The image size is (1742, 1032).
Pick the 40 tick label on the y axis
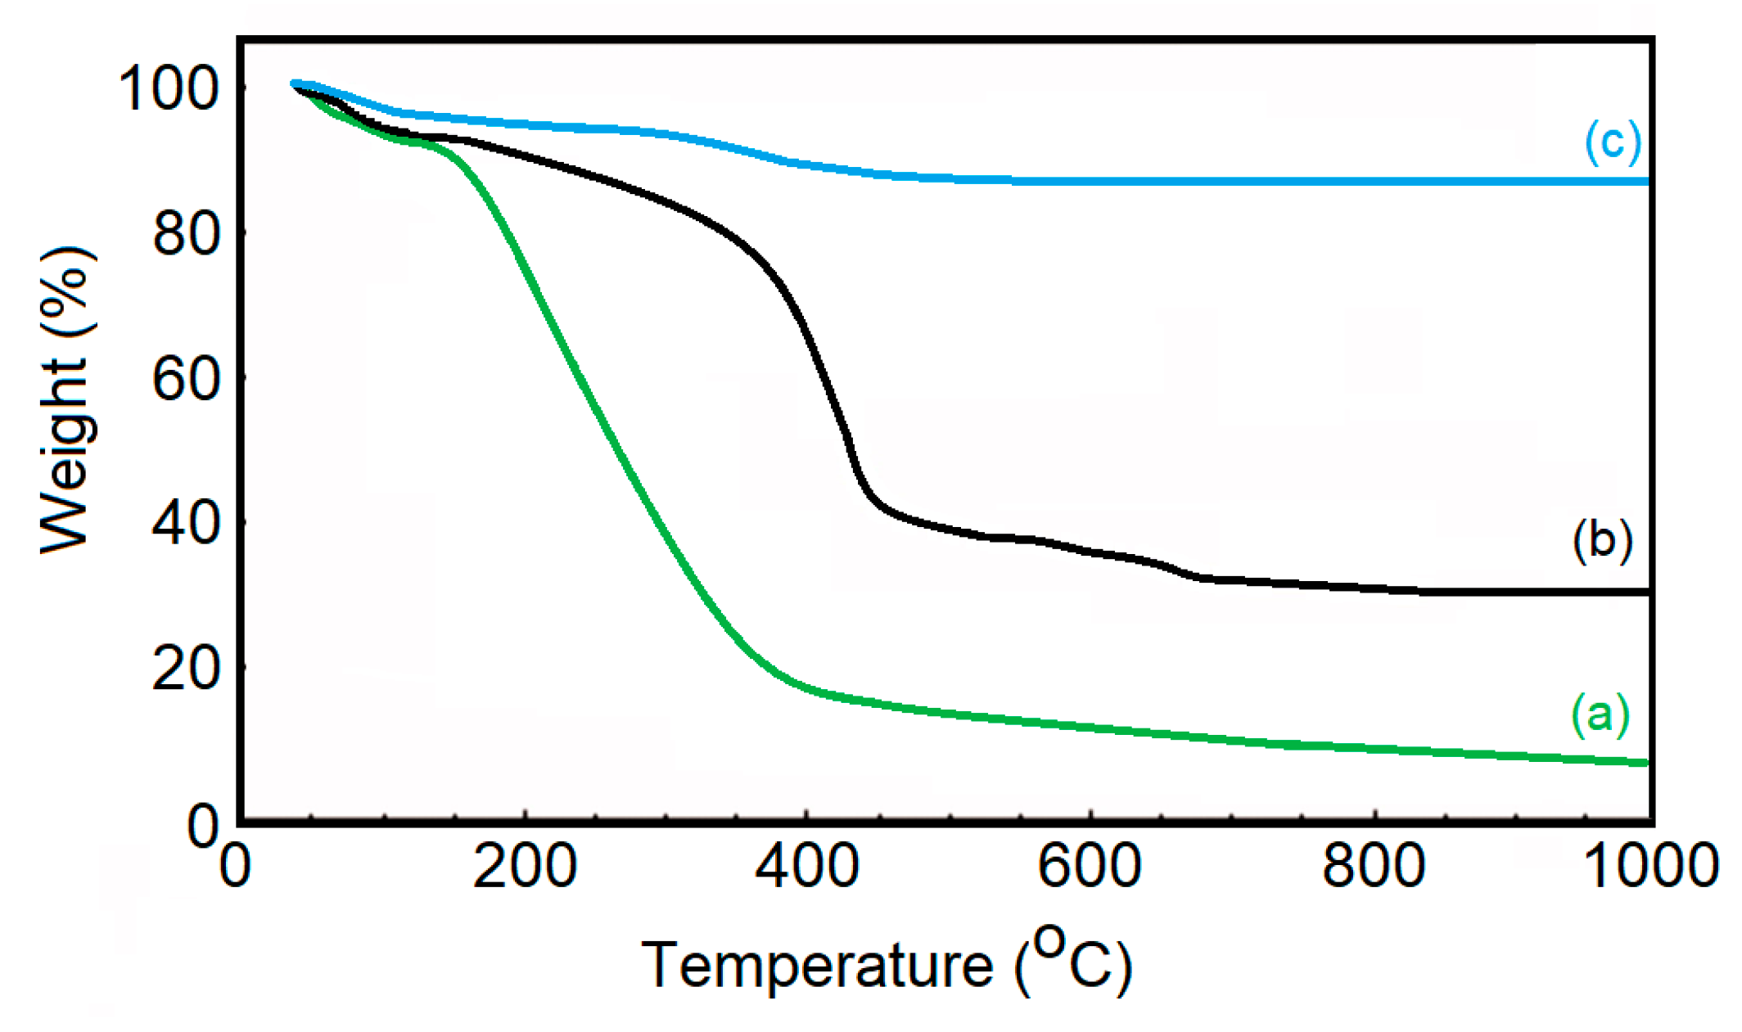(187, 523)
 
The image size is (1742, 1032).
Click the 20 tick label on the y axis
(187, 668)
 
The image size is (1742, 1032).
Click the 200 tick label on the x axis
(525, 866)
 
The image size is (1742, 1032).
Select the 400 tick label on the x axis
(807, 866)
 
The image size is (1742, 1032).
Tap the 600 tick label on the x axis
(1090, 866)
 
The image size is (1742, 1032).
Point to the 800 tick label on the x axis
(1374, 866)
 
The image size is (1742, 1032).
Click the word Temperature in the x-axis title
(817, 966)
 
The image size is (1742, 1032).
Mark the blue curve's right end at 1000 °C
(1645, 181)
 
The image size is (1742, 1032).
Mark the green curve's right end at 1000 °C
(1645, 763)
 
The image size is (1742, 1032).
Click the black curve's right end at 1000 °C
(1645, 592)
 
